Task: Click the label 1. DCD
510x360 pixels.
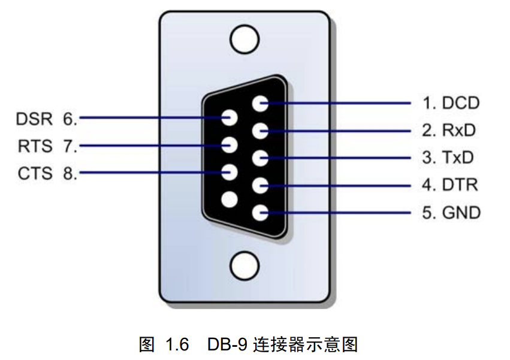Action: pos(451,103)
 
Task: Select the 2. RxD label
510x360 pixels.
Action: pos(451,131)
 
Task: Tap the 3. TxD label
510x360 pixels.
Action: pos(448,158)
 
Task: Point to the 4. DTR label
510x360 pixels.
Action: pos(450,185)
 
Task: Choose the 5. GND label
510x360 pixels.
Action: pos(451,213)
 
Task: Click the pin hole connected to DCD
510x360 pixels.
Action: pos(260,104)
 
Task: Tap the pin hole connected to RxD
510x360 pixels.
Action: pos(260,131)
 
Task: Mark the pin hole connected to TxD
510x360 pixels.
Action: pos(260,159)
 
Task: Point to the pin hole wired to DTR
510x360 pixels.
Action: pos(260,186)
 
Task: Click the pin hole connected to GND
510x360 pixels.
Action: pos(260,213)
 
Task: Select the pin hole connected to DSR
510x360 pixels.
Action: pos(230,117)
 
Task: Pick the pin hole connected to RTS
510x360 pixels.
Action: pos(230,145)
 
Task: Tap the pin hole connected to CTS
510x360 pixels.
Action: pos(230,173)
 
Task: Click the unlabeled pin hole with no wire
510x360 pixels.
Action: pos(230,199)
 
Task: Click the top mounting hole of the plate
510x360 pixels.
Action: pos(245,40)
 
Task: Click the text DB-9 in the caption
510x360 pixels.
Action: pos(228,344)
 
